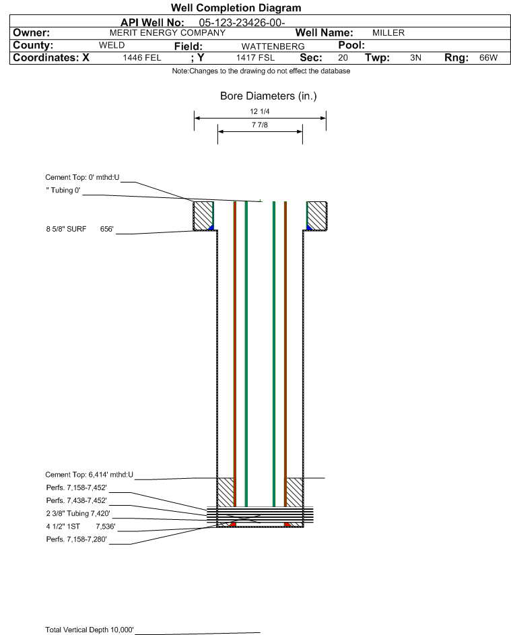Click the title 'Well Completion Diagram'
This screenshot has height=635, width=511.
[236, 7]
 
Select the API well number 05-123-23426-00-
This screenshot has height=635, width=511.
[242, 23]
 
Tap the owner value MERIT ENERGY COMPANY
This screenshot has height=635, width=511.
[168, 33]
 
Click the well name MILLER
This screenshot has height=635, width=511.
[388, 33]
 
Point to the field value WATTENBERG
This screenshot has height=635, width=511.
[273, 46]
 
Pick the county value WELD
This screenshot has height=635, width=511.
[112, 45]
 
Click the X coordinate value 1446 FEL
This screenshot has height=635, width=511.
[142, 57]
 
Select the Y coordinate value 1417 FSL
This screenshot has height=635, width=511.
[256, 57]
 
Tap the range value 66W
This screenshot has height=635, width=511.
[488, 57]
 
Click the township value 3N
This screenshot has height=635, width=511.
[415, 57]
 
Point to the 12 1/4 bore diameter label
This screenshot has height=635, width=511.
[260, 111]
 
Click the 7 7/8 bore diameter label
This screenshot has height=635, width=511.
[260, 125]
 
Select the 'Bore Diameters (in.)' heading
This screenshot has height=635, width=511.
[269, 96]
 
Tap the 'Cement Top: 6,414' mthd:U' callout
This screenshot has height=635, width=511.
[89, 475]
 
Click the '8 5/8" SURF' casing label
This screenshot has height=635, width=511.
[66, 229]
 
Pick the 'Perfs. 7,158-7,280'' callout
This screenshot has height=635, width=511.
[77, 539]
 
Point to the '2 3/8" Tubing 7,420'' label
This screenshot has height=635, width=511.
[78, 514]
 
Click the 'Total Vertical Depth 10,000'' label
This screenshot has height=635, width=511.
[90, 630]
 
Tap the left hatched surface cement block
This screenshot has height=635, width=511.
[203, 216]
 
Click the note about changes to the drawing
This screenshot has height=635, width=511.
[261, 71]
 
